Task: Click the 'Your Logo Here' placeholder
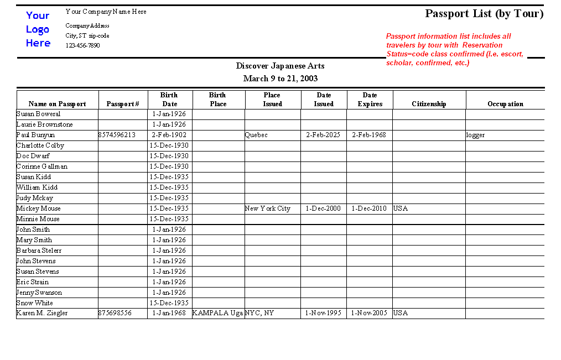click(x=38, y=29)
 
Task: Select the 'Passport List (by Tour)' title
click(x=484, y=14)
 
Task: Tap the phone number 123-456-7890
click(x=82, y=45)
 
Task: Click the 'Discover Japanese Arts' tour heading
click(x=280, y=66)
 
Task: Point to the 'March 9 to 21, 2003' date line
click(x=280, y=79)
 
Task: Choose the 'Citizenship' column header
click(x=429, y=104)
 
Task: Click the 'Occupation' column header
click(x=505, y=104)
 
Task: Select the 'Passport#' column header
click(x=123, y=104)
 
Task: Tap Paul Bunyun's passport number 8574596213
click(x=117, y=135)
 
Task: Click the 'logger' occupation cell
click(x=475, y=135)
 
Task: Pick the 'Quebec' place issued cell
click(x=256, y=135)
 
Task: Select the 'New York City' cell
click(x=268, y=208)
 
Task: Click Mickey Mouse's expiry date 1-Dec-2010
click(x=370, y=208)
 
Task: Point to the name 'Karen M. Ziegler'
click(x=42, y=313)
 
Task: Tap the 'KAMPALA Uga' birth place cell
click(x=217, y=313)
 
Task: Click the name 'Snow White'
click(x=35, y=303)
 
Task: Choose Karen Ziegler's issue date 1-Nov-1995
click(x=324, y=313)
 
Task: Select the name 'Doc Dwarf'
click(x=33, y=156)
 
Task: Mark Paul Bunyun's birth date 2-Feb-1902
click(x=169, y=135)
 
